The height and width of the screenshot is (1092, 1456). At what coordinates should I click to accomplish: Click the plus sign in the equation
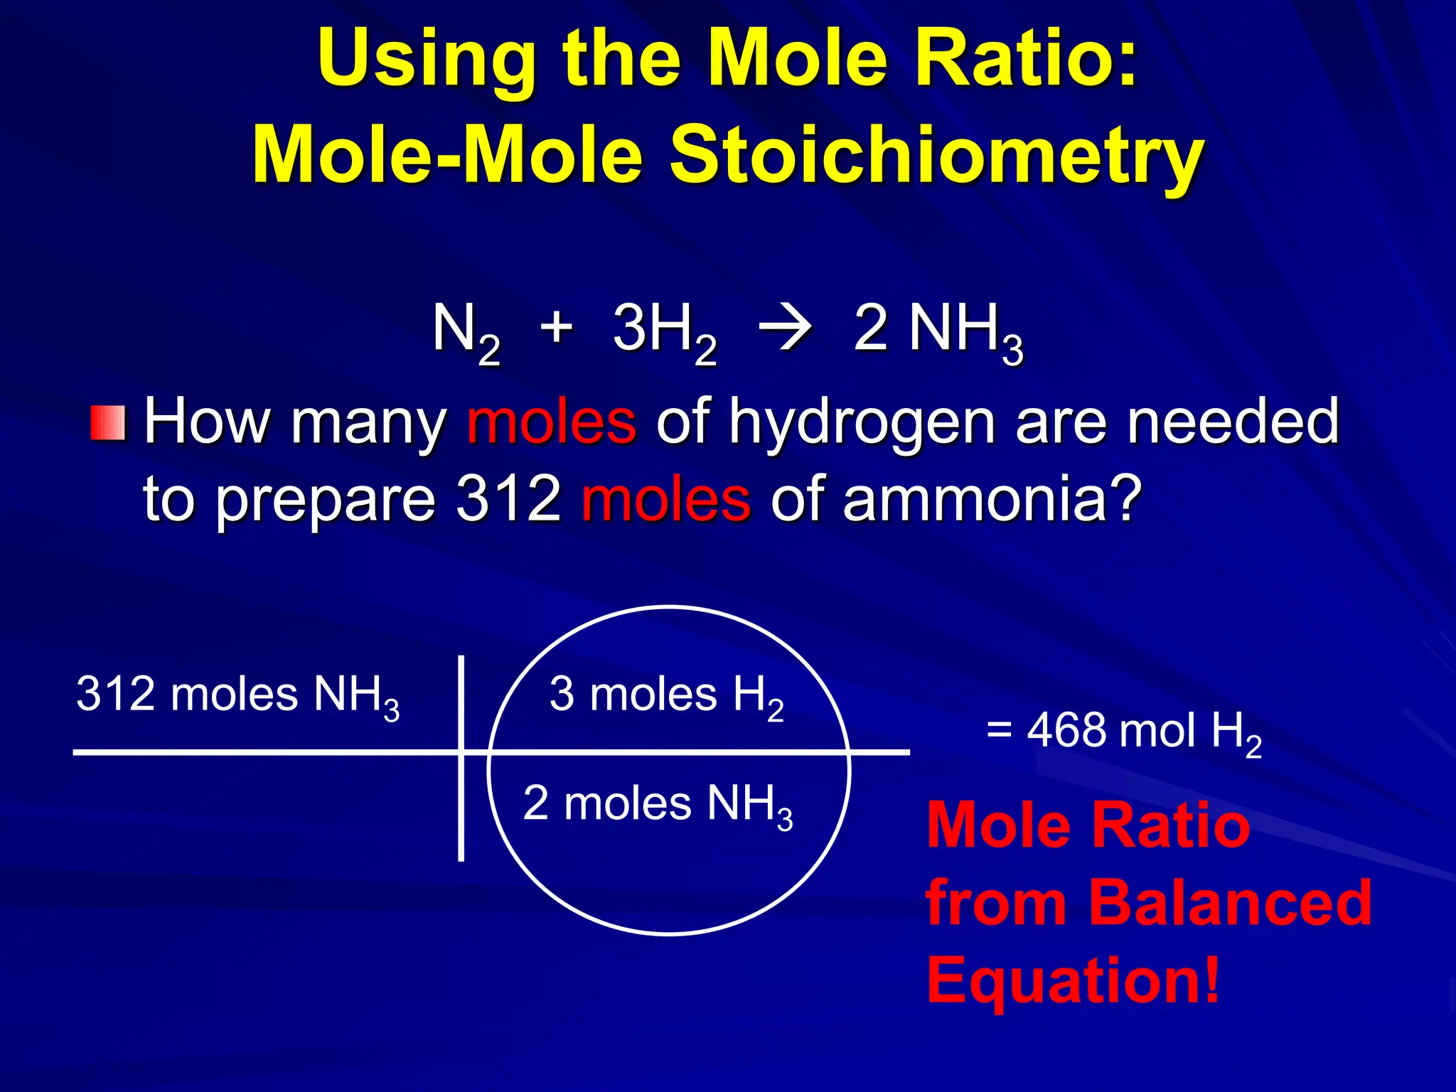click(557, 328)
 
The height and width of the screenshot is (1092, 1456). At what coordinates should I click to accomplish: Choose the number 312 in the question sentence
click(509, 499)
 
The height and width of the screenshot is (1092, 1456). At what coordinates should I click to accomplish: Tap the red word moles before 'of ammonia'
click(665, 499)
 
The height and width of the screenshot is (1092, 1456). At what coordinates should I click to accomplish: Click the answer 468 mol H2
click(1124, 732)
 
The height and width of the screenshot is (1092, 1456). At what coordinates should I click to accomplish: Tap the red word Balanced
click(1230, 903)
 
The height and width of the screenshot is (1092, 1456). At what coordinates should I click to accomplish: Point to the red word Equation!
click(1074, 980)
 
